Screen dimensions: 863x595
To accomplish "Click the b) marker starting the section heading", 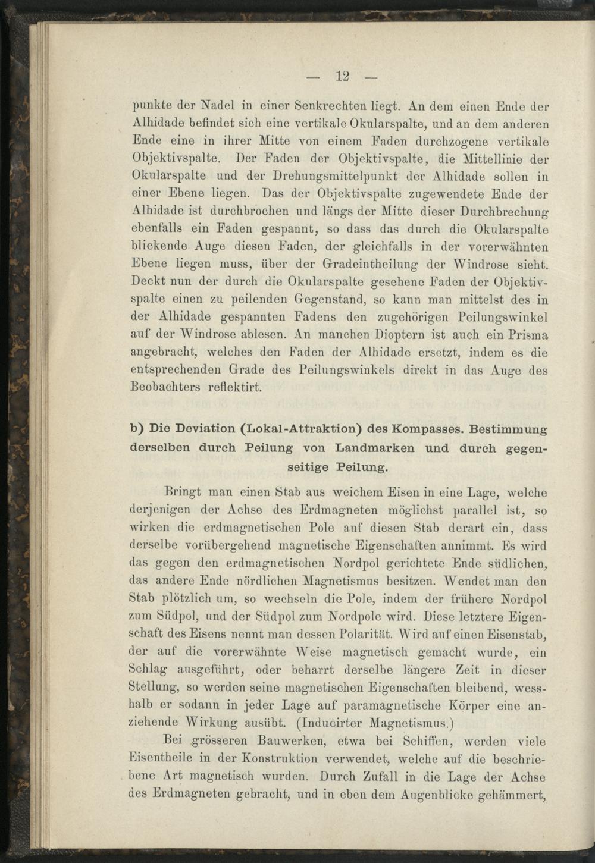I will (x=137, y=429).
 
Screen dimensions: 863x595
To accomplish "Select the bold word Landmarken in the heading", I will (x=374, y=448).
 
